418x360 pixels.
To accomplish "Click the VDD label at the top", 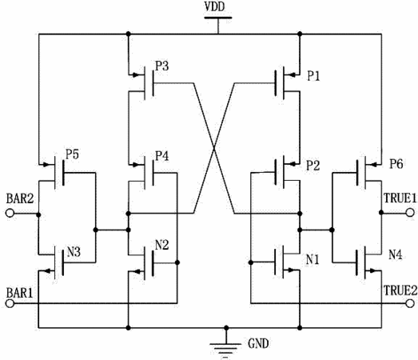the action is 215,6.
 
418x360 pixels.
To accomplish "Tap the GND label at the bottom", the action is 258,343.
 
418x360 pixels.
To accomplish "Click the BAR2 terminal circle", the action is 10,214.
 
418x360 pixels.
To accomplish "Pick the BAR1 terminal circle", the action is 10,303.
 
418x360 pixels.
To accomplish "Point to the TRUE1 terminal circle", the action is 410,213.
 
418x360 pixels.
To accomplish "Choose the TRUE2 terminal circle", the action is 410,303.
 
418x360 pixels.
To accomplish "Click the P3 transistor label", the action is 162,66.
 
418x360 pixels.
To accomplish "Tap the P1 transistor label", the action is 313,76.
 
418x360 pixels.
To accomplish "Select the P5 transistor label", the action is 72,154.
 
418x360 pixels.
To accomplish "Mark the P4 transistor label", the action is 162,156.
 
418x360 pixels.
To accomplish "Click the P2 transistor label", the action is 313,166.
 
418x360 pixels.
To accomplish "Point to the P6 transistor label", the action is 396,164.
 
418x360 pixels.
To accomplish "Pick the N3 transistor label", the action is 74,252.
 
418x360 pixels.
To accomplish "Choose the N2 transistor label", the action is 162,245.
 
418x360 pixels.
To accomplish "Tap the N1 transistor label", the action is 313,259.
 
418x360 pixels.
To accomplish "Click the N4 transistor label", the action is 396,254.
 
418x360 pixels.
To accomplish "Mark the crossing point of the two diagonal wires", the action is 214,148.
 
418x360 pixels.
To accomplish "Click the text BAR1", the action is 20,293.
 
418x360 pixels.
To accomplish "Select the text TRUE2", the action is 400,290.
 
